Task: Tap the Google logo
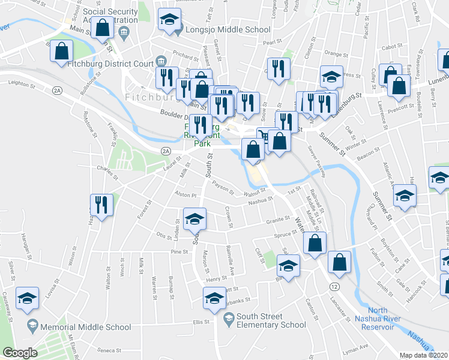20,353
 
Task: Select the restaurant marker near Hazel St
101,206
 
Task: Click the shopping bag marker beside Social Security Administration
103,28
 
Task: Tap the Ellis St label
200,322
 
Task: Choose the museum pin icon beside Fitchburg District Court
160,61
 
